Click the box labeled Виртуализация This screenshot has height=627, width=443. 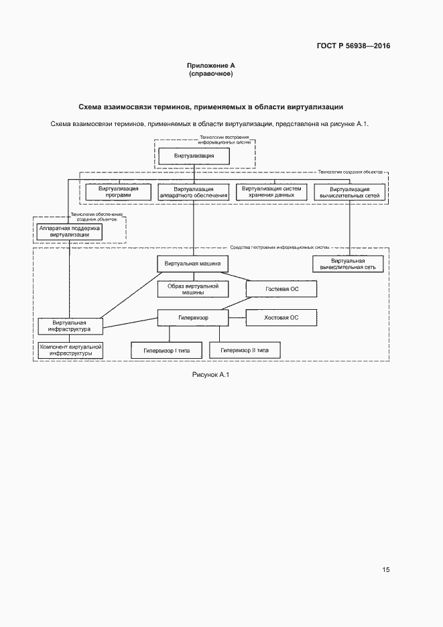click(194, 156)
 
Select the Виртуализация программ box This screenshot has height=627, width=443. click(119, 192)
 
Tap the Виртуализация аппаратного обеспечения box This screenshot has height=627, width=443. click(194, 192)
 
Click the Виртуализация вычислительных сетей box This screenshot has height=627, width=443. click(350, 192)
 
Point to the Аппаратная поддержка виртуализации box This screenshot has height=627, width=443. click(70, 231)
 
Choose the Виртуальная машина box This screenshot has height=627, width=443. click(193, 264)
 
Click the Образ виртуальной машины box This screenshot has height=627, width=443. click(193, 289)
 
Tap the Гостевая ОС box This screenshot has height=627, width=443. click(281, 289)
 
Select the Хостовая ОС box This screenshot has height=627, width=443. click(281, 318)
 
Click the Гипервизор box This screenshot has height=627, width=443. click(193, 318)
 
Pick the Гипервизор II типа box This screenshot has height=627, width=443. click(245, 350)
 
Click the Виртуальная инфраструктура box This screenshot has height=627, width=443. click(70, 325)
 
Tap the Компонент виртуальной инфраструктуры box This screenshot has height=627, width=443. click(70, 350)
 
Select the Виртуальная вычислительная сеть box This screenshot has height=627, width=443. click(348, 264)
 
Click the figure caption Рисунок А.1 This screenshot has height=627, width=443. click(210, 374)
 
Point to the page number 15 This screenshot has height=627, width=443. click(386, 570)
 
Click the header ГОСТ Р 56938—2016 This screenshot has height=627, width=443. click(353, 46)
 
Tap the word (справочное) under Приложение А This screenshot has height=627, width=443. click(210, 74)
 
